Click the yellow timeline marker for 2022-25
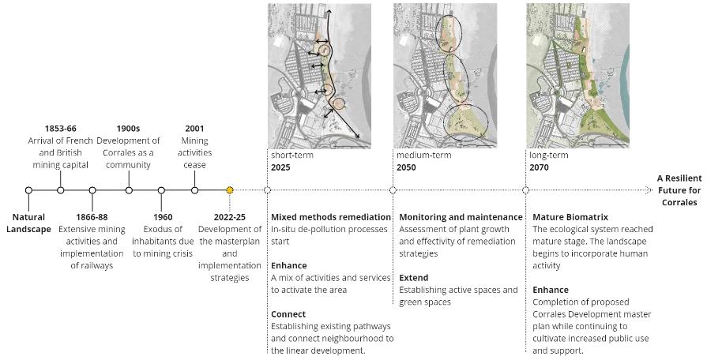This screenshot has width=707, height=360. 230,190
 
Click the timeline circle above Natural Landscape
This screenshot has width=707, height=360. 28,190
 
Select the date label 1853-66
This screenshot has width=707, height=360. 61,128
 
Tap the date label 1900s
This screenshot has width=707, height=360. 128,128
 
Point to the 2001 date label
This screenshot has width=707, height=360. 194,128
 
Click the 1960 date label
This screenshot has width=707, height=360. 163,216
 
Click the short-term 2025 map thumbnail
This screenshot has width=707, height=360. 319,75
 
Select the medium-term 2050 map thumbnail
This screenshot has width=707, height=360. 445,75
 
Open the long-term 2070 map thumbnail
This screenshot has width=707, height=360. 579,75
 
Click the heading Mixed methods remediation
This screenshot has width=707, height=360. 331,217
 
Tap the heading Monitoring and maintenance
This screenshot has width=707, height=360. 461,217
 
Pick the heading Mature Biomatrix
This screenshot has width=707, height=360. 570,217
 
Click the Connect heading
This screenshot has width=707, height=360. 288,314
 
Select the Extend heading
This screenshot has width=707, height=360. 414,279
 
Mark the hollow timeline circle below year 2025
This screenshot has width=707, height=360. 268,190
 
